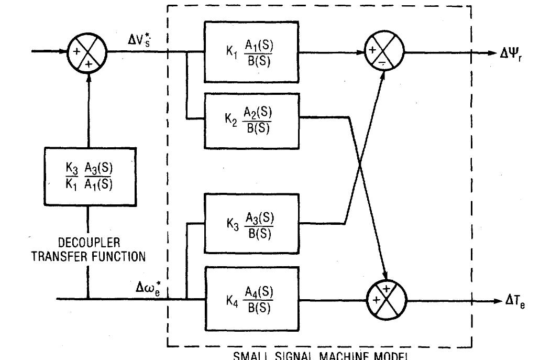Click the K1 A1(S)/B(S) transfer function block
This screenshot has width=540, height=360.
point(251,52)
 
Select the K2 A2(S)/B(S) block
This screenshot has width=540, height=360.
point(251,121)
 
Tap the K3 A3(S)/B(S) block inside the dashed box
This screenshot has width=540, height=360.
point(251,225)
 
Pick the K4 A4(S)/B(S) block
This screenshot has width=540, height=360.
point(251,300)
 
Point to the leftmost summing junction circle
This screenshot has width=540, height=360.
point(87,52)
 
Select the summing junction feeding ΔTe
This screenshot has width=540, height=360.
point(386,301)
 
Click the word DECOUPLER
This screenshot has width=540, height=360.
point(90,243)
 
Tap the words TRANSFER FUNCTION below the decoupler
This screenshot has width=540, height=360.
point(89,257)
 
